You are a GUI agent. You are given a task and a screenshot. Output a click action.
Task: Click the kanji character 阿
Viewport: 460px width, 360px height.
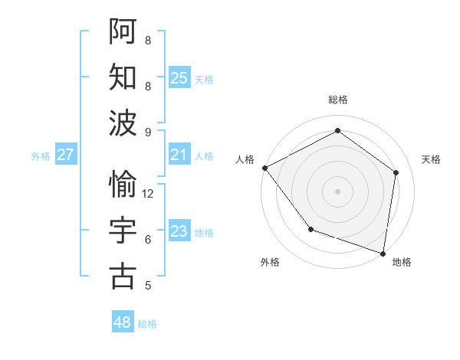(123, 30)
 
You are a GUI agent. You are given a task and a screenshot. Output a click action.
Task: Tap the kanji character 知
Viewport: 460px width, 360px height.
(123, 76)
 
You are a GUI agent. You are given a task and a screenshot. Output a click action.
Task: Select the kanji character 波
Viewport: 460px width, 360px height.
(123, 122)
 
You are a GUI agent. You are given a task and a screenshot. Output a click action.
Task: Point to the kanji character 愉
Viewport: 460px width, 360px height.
(123, 184)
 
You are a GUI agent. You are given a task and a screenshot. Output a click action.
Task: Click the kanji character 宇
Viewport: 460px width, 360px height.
(123, 230)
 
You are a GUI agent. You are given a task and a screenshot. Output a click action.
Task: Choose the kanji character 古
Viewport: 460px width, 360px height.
(123, 276)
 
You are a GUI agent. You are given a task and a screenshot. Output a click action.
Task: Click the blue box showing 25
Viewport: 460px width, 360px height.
(179, 77)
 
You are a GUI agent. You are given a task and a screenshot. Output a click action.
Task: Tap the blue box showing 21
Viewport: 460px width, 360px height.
(179, 155)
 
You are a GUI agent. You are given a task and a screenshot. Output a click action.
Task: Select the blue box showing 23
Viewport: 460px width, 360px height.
(179, 232)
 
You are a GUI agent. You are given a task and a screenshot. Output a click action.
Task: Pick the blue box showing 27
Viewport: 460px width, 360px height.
(66, 155)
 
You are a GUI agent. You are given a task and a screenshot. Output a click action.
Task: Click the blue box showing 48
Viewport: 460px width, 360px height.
(123, 322)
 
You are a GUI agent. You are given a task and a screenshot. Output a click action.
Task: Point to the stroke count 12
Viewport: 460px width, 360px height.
(149, 194)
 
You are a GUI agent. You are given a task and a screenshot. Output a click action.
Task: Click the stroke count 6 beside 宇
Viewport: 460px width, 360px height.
(148, 240)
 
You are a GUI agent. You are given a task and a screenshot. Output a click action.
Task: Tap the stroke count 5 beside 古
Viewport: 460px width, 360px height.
(148, 286)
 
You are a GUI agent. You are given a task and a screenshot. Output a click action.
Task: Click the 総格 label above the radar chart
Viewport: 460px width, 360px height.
(338, 100)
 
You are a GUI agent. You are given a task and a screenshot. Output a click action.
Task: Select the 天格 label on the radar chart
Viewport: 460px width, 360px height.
(431, 159)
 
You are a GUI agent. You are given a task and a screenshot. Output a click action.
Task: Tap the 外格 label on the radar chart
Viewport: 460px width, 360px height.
(270, 262)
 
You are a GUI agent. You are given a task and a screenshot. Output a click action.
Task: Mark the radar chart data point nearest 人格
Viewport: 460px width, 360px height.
(264, 167)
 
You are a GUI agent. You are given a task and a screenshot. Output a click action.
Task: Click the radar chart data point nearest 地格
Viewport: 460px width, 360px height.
(383, 252)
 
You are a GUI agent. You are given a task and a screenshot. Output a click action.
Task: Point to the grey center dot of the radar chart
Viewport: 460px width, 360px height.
(337, 191)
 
